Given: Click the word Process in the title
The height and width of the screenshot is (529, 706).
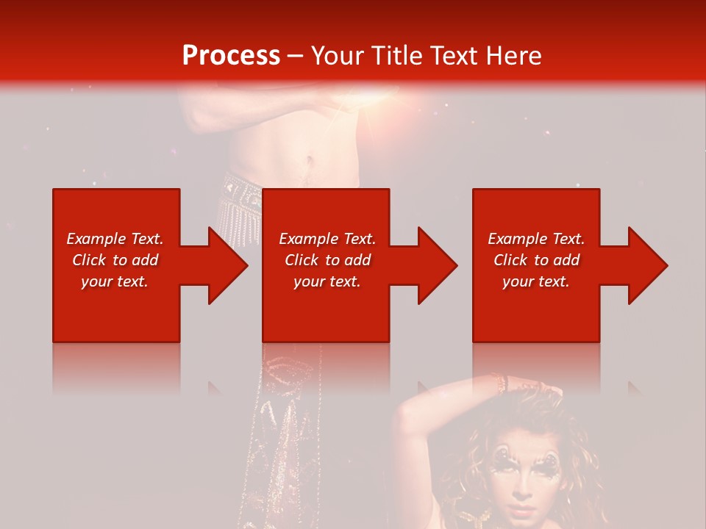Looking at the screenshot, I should (x=231, y=55).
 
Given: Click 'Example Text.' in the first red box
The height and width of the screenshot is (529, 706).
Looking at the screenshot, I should (x=115, y=239).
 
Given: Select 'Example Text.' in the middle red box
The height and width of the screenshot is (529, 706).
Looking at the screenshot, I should (x=327, y=239).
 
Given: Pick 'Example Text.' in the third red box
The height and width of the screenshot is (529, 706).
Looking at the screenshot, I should (x=536, y=239).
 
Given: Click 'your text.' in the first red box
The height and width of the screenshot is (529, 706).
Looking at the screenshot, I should (x=115, y=281).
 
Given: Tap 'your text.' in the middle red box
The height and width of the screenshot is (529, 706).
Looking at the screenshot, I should (x=327, y=281).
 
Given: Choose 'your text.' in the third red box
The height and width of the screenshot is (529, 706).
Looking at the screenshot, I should (x=536, y=281).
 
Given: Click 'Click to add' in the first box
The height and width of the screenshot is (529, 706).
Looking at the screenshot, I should (x=115, y=260).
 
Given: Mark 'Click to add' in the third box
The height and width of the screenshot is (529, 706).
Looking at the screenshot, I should (x=536, y=260).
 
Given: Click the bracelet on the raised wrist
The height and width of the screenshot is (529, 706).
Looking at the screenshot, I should (x=503, y=383).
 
